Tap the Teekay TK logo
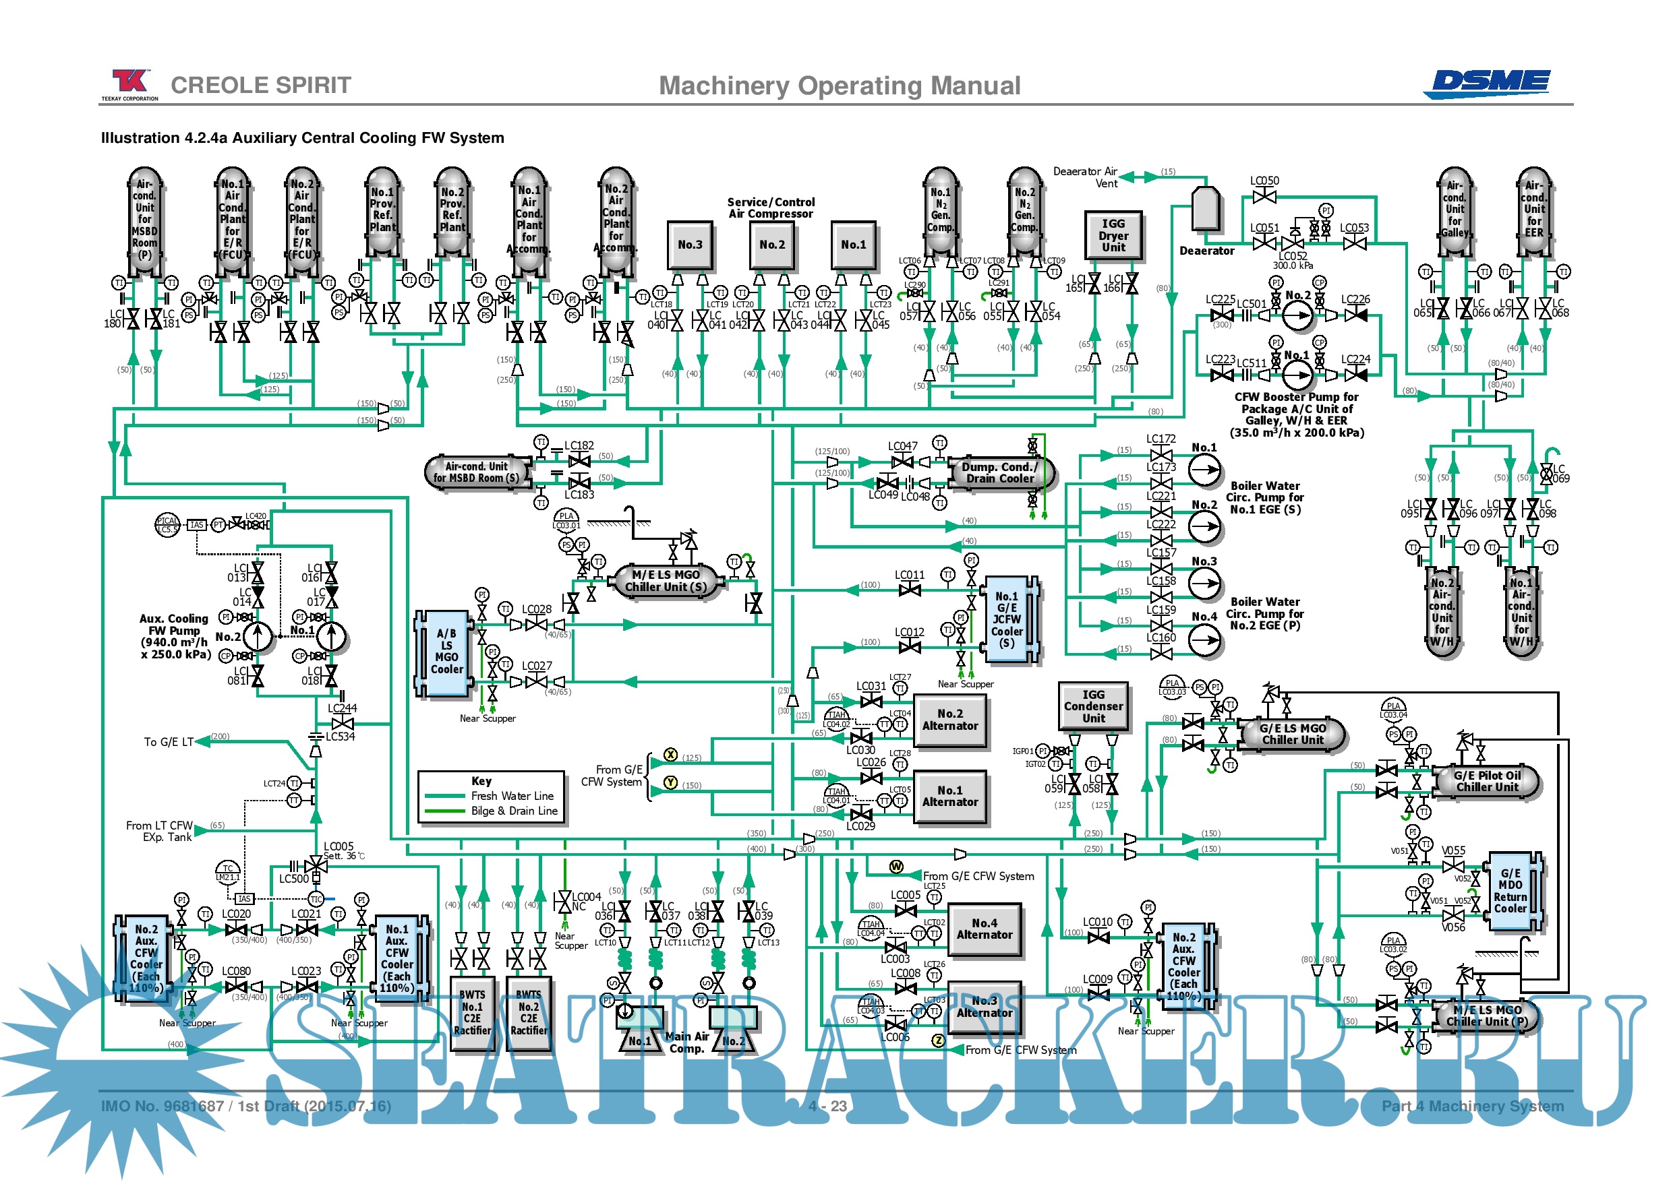129,82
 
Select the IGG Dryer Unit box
1113,235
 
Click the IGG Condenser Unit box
1093,706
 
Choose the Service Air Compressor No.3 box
689,245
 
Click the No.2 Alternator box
949,720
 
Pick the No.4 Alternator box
984,929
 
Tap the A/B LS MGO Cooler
446,652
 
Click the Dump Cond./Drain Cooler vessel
1000,472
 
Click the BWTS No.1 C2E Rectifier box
472,1012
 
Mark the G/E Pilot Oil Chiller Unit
1486,781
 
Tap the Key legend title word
481,781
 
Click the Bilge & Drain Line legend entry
514,811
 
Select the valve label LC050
1264,181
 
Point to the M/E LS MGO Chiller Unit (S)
666,580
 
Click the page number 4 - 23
827,1106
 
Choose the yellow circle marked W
896,867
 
